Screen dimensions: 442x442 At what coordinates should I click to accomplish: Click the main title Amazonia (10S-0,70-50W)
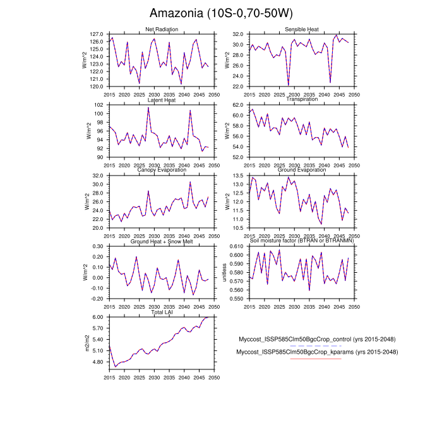point(221,13)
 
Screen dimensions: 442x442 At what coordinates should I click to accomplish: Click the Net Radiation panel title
point(162,30)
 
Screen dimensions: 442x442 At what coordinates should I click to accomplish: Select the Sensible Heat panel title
point(302,30)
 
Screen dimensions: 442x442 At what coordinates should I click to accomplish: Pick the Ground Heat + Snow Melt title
point(162,241)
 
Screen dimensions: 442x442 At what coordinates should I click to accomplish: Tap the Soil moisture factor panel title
point(302,241)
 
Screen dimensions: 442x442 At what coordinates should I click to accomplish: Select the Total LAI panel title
point(162,312)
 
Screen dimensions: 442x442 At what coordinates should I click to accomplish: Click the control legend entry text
point(317,338)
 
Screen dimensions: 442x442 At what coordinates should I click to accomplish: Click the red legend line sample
point(316,359)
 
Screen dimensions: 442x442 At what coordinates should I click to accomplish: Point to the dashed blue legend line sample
point(316,346)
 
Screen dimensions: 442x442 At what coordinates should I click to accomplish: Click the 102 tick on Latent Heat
point(99,104)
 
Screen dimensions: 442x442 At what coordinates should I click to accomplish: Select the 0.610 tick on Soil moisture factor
point(237,246)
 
